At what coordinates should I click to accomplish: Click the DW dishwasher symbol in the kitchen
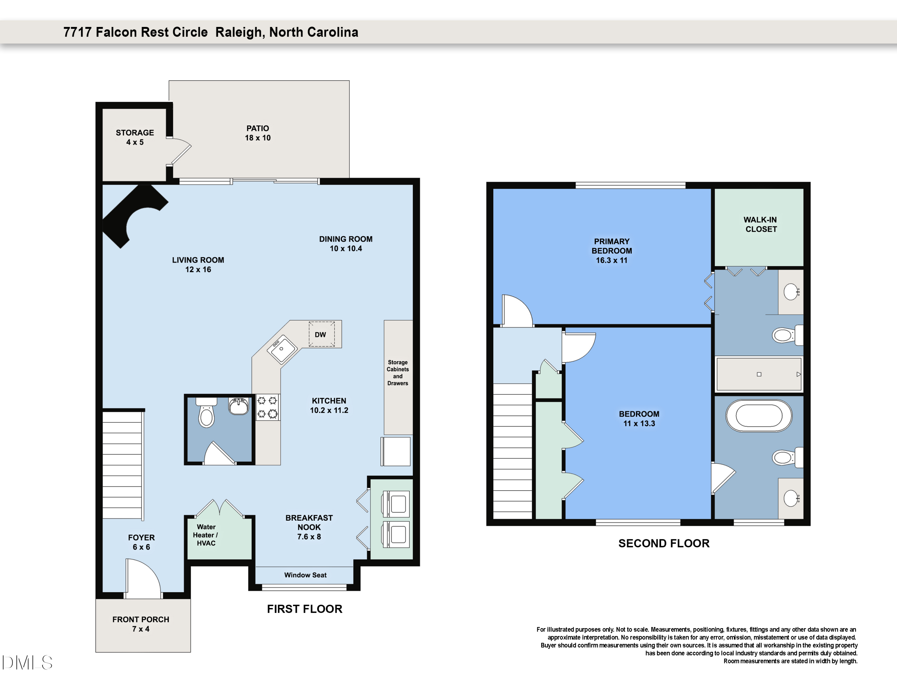(x=321, y=334)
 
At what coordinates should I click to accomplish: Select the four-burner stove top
(x=267, y=407)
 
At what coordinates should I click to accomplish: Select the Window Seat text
(x=305, y=575)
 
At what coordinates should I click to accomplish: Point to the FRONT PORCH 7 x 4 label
(x=141, y=624)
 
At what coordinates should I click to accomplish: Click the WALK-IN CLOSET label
(x=761, y=225)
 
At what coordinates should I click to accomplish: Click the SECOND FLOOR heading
(x=664, y=543)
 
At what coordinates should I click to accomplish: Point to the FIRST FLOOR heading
(x=304, y=609)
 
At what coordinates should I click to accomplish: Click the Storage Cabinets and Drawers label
(x=398, y=372)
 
